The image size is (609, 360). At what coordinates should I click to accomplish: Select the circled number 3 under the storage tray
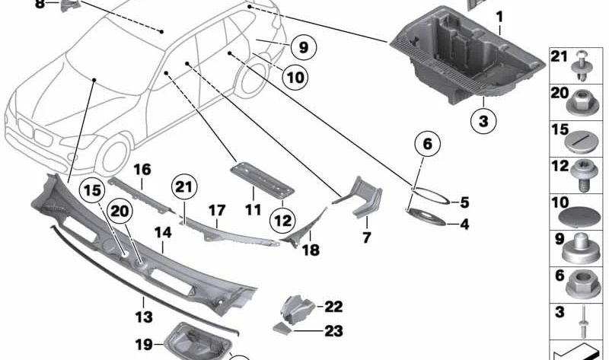[482, 119]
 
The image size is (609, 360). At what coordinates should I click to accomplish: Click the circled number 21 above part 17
[183, 187]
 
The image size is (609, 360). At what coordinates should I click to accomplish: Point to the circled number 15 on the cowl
[92, 191]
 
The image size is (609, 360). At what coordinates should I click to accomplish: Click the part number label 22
[334, 307]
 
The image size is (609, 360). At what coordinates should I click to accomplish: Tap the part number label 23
[334, 331]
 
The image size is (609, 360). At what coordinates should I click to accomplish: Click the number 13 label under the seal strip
[143, 316]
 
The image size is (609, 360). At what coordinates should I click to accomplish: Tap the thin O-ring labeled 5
[431, 200]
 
